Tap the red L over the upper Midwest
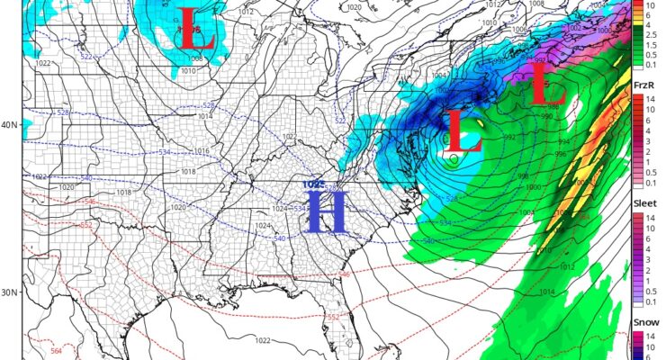point(197,30)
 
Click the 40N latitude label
point(11,125)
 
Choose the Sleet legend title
point(647,204)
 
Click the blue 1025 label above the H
point(314,184)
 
